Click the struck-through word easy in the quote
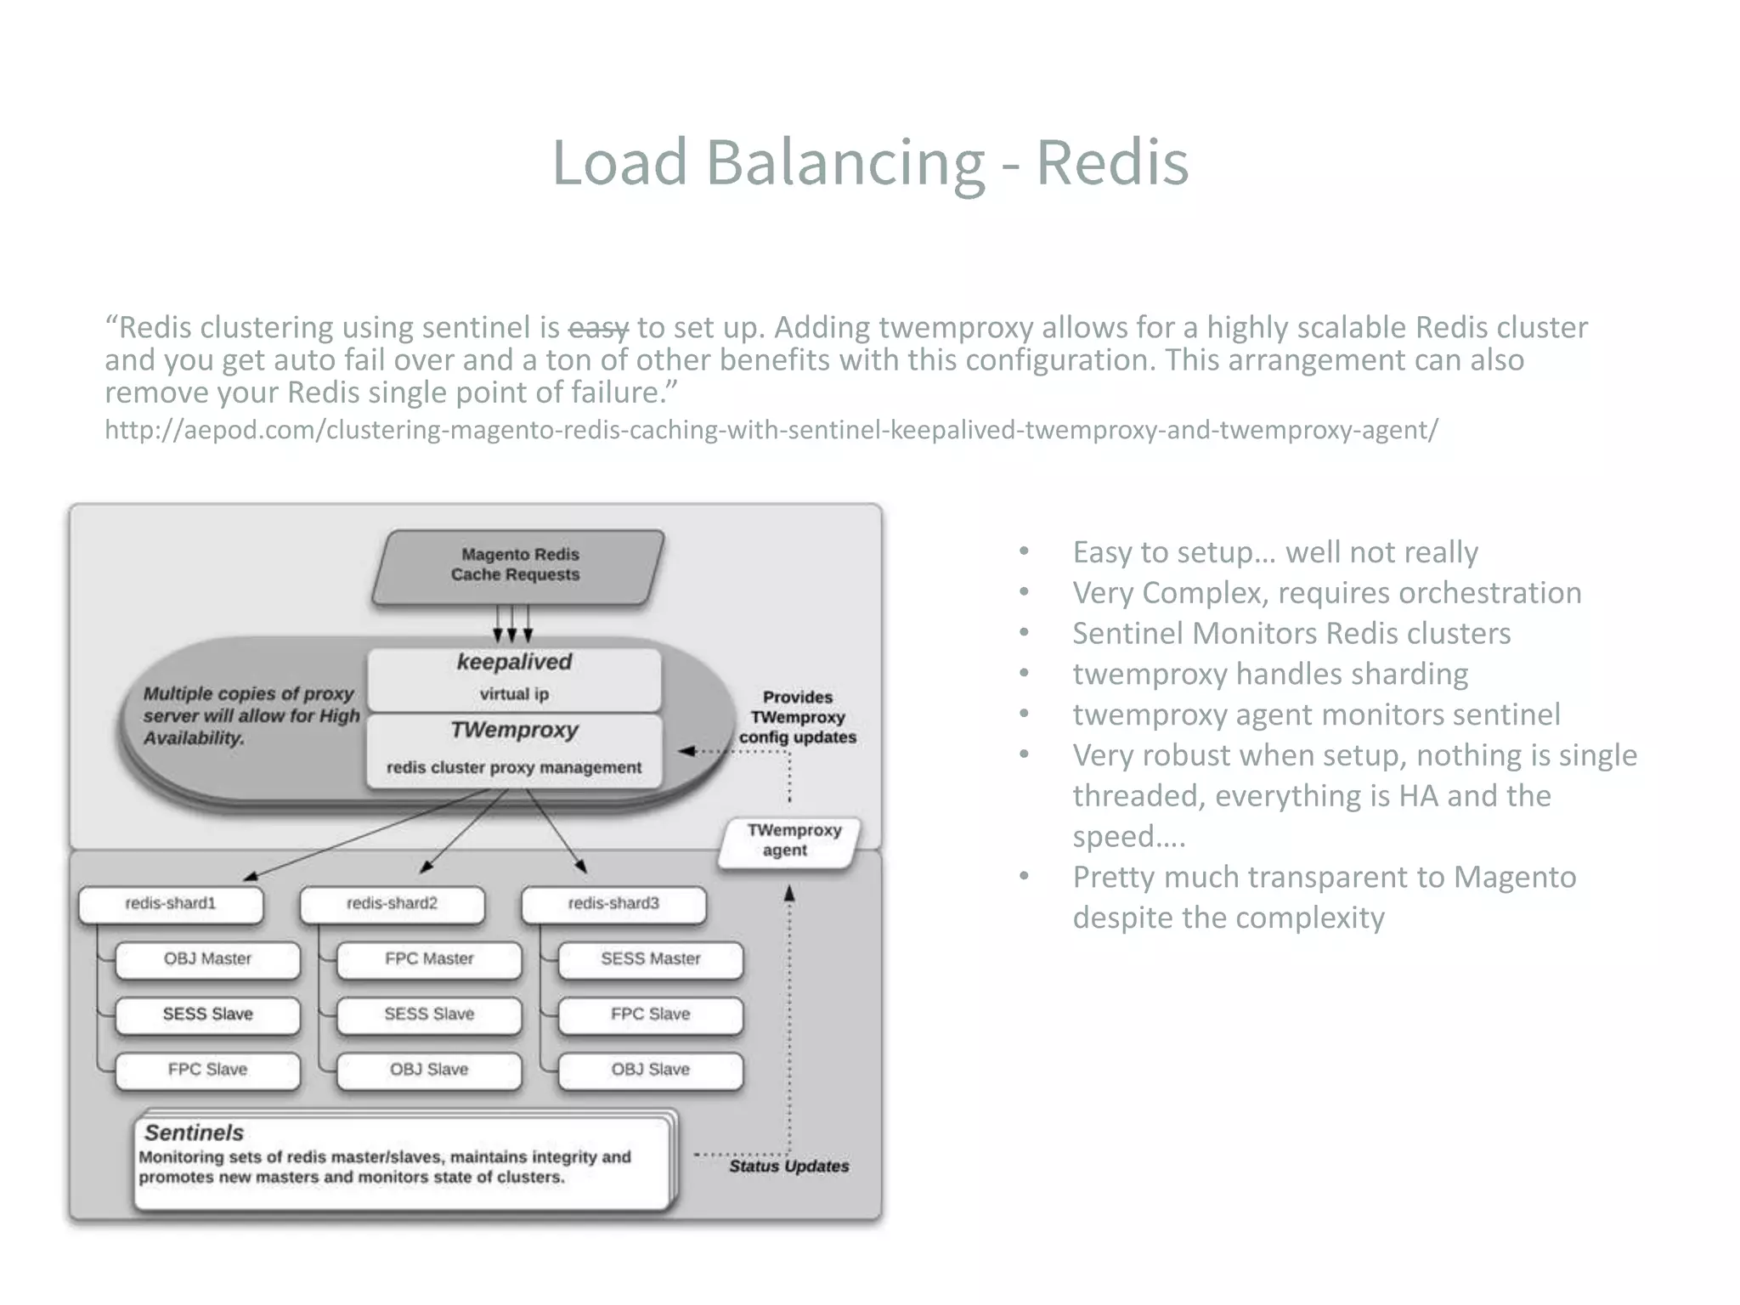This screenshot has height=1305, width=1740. point(598,328)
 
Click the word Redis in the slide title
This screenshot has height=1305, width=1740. point(1111,161)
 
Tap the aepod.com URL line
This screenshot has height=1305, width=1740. point(771,430)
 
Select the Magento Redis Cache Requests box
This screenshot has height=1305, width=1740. point(517,566)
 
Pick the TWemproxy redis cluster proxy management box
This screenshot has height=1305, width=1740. point(514,749)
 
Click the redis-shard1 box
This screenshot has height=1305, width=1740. point(171,904)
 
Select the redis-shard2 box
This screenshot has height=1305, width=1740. point(392,904)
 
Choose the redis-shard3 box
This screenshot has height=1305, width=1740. point(613,904)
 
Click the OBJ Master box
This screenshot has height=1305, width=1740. point(207,959)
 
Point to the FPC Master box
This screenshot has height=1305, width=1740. point(429,959)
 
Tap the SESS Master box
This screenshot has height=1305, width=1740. point(650,959)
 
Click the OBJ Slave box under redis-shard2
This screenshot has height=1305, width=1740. point(429,1070)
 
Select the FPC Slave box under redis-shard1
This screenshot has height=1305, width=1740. point(207,1070)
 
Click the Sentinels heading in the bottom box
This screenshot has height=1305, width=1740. point(194,1133)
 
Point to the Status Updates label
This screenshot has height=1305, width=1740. point(788,1167)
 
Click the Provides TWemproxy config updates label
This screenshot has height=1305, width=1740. point(797,717)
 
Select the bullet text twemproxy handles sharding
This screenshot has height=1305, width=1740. point(1269,675)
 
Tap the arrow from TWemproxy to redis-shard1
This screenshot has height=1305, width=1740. point(365,834)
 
